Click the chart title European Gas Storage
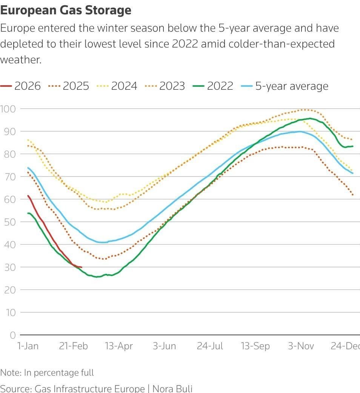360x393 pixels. (66, 10)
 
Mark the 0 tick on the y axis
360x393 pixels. (13, 335)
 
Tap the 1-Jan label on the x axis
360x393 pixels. (28, 346)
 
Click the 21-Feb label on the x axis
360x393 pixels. (73, 346)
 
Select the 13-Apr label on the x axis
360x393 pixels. (118, 346)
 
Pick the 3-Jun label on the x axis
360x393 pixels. (164, 346)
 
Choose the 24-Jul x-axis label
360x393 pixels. (210, 346)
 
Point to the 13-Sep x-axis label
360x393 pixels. (255, 346)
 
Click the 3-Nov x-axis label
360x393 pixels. (301, 346)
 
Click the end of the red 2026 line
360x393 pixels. (82, 267)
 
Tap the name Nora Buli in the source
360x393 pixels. (172, 388)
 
